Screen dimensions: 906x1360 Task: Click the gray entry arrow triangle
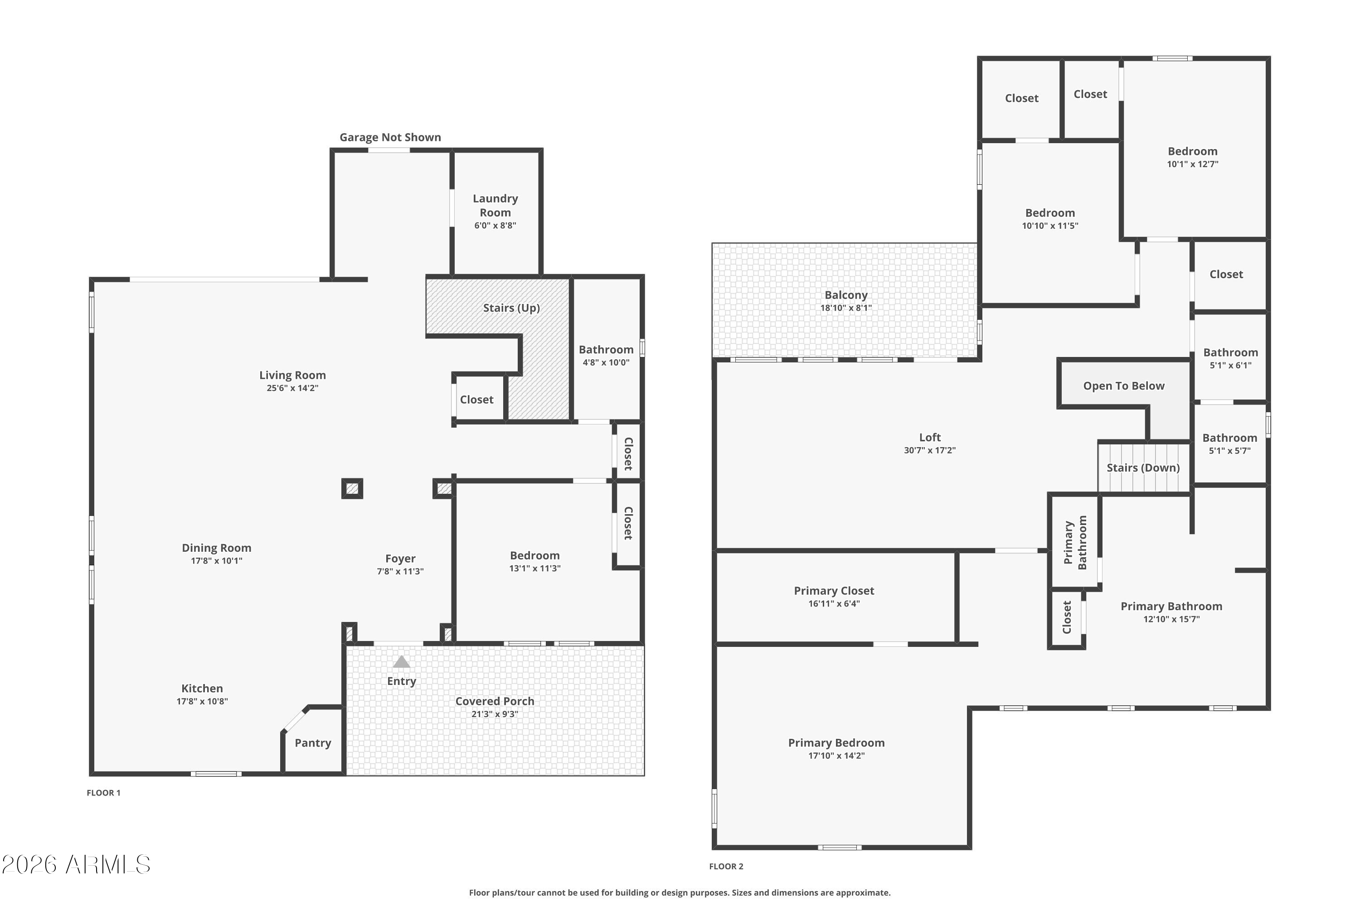pos(401,661)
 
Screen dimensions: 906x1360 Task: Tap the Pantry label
pos(313,743)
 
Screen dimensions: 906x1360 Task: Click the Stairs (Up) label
pos(511,308)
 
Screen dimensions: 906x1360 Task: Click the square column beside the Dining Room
pos(352,489)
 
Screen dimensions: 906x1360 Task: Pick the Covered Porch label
pos(495,701)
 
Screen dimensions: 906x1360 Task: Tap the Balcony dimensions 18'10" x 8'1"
pos(845,308)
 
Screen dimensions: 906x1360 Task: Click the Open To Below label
pos(1123,386)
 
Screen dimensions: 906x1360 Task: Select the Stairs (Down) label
pos(1143,468)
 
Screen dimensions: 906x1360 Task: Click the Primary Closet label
pos(834,591)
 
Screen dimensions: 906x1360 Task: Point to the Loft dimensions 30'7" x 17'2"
pos(929,451)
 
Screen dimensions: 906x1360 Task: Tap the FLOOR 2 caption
pos(726,866)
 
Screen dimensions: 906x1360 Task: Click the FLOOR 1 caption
pos(103,793)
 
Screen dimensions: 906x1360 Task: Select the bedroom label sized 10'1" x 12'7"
pos(1192,151)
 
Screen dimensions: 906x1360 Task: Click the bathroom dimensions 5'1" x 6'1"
pos(1230,366)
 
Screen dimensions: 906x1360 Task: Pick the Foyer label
pos(400,559)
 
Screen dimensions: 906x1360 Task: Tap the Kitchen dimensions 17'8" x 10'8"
pos(202,701)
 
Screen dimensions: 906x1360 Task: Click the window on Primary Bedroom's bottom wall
pos(840,848)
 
